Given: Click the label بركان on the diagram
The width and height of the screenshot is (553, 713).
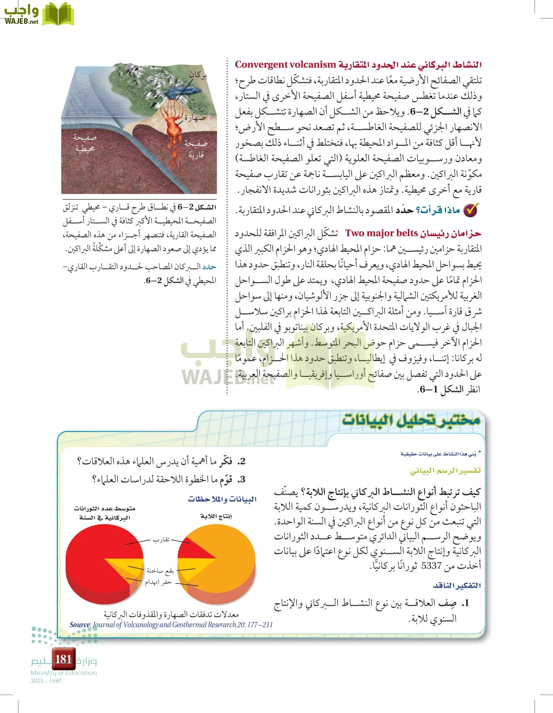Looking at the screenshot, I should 198,74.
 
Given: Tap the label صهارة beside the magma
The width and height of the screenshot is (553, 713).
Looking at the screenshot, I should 195,118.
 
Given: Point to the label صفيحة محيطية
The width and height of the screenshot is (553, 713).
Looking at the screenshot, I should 84,143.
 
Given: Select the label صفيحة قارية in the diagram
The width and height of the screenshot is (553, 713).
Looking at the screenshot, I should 196,149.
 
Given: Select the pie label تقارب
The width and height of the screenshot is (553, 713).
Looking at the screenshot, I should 161,540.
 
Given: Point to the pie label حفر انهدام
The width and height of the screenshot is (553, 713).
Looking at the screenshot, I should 158,582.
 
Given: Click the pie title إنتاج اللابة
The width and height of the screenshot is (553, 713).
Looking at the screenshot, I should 216,516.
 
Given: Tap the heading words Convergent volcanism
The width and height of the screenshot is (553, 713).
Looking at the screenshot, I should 285,65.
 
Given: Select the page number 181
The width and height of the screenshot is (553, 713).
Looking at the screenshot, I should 63,659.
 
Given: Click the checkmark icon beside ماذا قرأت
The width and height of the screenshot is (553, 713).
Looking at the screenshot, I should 471,210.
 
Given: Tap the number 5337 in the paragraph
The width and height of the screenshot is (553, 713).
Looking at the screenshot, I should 431,566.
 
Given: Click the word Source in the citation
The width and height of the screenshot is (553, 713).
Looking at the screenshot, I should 80,625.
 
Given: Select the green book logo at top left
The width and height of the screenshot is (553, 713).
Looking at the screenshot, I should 58,14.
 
